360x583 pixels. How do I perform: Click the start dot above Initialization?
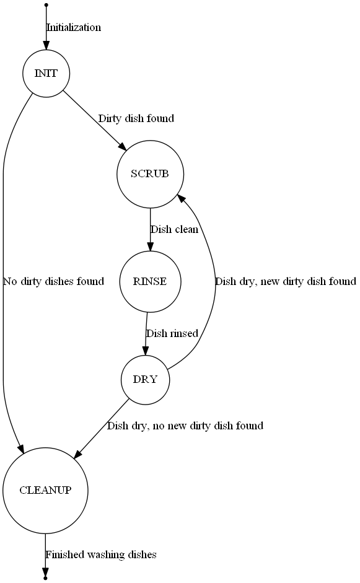[x=46, y=5]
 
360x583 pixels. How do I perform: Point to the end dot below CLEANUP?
[x=45, y=579]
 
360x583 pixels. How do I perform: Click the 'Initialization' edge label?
[x=74, y=27]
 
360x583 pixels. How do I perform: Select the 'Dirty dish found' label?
[x=136, y=118]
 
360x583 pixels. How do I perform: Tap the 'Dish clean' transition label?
[x=174, y=229]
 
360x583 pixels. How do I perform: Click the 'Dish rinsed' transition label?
[x=172, y=333]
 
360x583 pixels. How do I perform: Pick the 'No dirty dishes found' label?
[x=53, y=281]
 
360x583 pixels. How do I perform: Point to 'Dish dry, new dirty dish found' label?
[x=286, y=281]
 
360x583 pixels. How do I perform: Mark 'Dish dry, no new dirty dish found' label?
[x=185, y=426]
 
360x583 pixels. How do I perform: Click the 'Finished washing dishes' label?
[x=101, y=555]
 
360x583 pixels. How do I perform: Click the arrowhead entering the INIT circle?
[x=46, y=46]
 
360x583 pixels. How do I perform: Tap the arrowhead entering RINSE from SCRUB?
[x=150, y=247]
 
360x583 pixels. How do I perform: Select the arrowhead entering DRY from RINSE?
[x=146, y=352]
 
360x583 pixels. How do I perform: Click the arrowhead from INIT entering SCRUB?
[x=123, y=147]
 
